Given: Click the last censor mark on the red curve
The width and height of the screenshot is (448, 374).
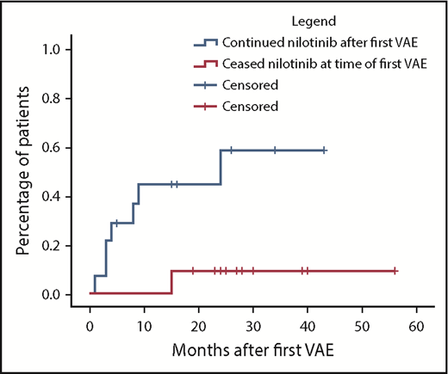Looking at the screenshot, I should [x=395, y=271].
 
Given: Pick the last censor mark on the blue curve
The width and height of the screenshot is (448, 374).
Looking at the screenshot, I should [x=324, y=150].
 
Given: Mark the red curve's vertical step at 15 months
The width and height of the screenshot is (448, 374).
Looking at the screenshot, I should [x=171, y=282].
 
